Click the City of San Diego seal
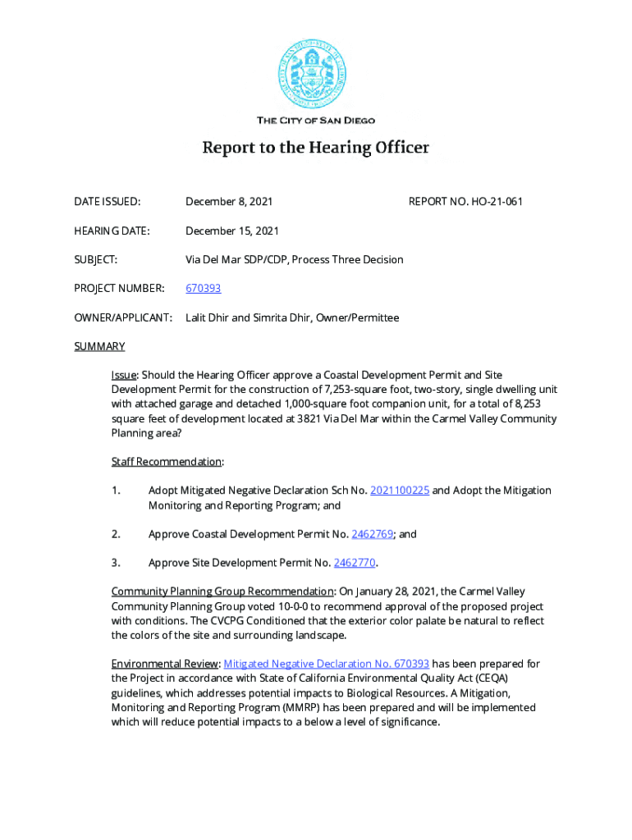pos(316,75)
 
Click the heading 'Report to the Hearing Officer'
pos(316,148)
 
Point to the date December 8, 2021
pos(229,202)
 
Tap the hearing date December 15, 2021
pos(232,231)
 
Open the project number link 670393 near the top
pos(203,289)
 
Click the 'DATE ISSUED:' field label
pos(107,202)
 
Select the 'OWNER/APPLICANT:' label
pos(123,317)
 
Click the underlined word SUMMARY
pos(99,346)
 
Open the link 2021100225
pos(400,491)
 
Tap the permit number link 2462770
pos(355,563)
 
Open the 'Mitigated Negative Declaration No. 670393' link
pos(326,664)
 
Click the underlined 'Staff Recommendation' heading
pos(166,462)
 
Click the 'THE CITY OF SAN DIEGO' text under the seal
pos(316,121)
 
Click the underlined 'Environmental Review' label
pos(164,664)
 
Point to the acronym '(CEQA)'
pos(509,678)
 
